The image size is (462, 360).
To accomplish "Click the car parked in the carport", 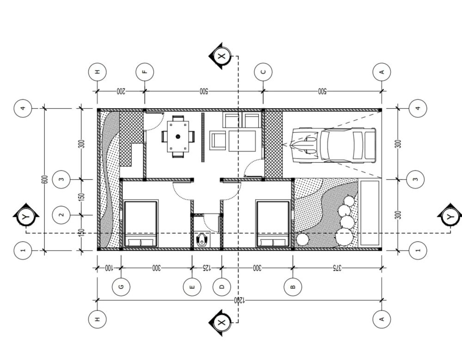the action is [x=334, y=145].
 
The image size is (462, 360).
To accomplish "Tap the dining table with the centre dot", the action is [x=178, y=136].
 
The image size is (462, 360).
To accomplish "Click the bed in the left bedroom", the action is [x=140, y=224].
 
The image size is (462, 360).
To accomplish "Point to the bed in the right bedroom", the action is [x=273, y=224].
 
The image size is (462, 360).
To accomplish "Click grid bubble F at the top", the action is [x=145, y=72].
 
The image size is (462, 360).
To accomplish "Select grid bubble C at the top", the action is [x=263, y=72].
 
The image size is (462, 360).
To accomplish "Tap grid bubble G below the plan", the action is [x=121, y=286].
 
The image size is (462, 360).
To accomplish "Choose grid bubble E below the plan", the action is [x=192, y=286].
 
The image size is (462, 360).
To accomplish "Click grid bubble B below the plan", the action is [x=293, y=286].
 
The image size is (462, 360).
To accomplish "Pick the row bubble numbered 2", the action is [x=61, y=214].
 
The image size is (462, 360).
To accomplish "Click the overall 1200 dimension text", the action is [x=239, y=300].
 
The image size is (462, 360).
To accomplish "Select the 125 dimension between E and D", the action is [x=207, y=268].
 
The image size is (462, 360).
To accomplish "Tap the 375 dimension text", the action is [x=337, y=268].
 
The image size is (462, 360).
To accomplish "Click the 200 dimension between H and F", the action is [x=121, y=91].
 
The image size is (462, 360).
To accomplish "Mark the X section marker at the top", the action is [x=221, y=56].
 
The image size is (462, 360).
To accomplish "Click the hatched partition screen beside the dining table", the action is [x=203, y=137].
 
